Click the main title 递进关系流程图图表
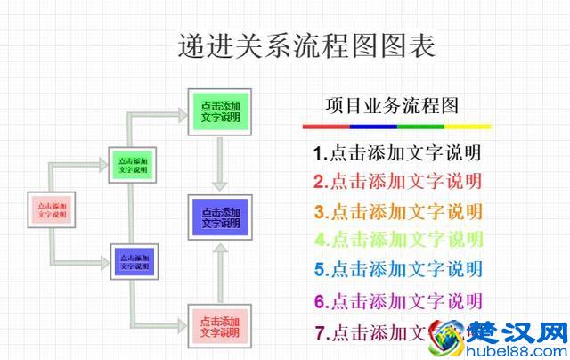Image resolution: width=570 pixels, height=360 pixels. click(307, 44)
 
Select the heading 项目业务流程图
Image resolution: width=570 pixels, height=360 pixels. click(392, 107)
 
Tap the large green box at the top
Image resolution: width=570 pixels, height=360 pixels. click(220, 111)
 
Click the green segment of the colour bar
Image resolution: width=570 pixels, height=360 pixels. click(420, 127)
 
